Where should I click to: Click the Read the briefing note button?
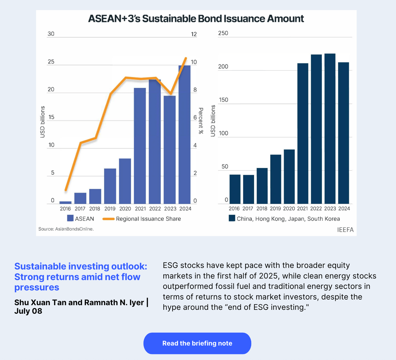pos(197,343)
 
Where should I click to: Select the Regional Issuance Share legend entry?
pos(148,219)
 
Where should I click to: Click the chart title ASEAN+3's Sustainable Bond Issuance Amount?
pos(196,18)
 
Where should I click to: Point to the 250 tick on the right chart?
pos(223,33)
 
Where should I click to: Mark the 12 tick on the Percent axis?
pos(194,34)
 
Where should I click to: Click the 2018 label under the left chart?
pos(95,209)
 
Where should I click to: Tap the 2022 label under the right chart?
pos(316,208)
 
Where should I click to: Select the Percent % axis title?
pos(201,121)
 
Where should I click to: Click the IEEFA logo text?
pos(345,230)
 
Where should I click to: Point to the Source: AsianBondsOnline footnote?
pos(66,229)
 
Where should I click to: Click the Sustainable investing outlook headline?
pos(81,276)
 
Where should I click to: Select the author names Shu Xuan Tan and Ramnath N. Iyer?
pos(79,302)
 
